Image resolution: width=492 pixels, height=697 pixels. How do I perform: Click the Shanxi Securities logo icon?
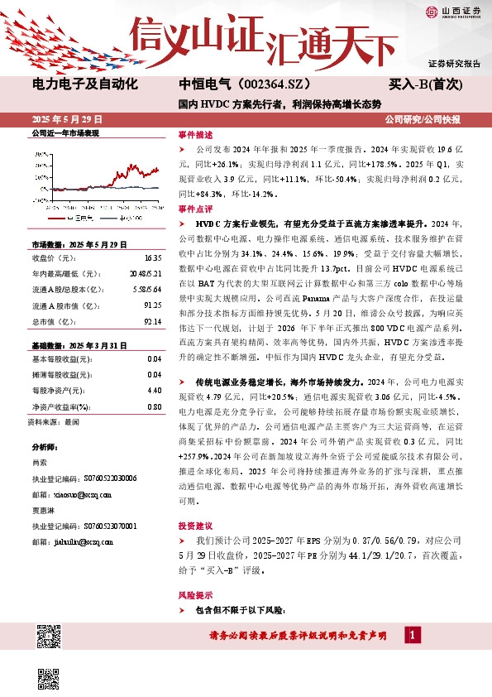pyautogui.click(x=432, y=12)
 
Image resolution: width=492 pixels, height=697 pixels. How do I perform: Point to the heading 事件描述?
pyautogui.click(x=195, y=134)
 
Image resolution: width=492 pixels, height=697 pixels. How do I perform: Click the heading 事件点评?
pyautogui.click(x=195, y=209)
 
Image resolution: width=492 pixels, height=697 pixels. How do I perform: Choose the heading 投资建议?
pyautogui.click(x=195, y=526)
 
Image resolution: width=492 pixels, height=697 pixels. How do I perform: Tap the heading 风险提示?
pyautogui.click(x=195, y=594)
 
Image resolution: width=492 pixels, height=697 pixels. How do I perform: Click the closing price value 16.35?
pyautogui.click(x=153, y=257)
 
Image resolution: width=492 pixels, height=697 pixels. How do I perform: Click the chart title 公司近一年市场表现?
pyautogui.click(x=65, y=133)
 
